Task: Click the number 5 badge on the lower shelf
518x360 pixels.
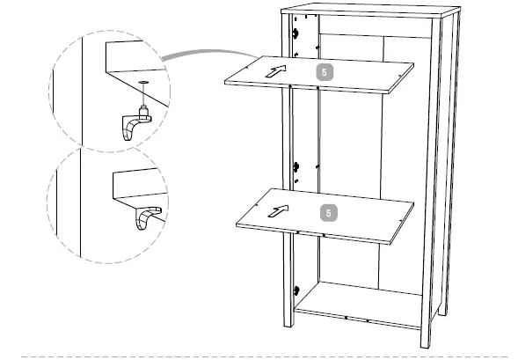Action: [328, 212]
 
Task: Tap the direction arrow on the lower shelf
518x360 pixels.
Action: [278, 210]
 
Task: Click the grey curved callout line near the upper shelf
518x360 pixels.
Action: [189, 55]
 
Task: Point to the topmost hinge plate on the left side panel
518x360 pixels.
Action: [295, 33]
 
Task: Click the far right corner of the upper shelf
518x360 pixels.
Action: [413, 62]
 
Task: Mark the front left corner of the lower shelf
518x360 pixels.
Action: [237, 227]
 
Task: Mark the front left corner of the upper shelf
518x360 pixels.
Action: [225, 83]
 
